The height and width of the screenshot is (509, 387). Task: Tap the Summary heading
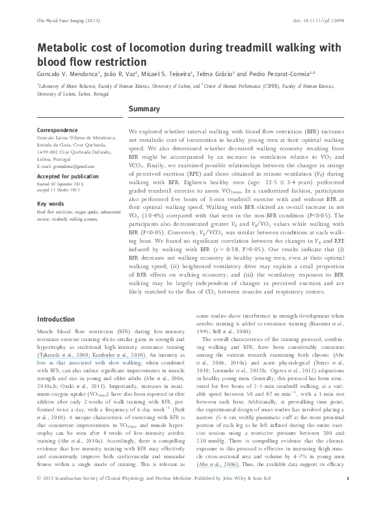tap(146, 108)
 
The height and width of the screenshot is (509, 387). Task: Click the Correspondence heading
tap(60, 130)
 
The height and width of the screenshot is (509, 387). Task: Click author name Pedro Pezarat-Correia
tap(282, 74)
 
